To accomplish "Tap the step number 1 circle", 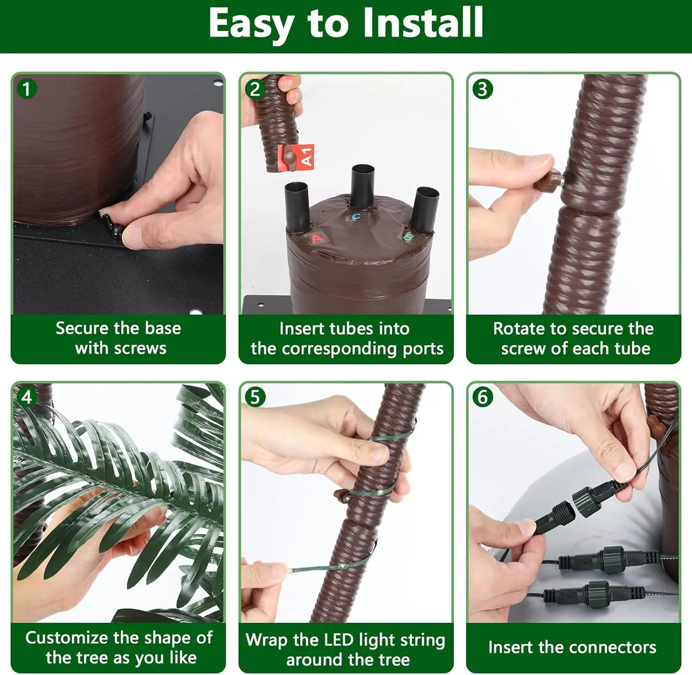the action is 26,89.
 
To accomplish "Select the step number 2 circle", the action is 255,89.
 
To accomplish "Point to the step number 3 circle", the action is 483,89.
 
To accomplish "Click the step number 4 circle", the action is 26,397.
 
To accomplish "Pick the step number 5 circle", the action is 255,397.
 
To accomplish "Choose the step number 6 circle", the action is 483,397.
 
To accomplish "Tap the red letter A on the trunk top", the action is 317,238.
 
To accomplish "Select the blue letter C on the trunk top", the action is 356,216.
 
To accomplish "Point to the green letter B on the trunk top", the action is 408,237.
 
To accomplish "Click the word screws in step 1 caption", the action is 144,348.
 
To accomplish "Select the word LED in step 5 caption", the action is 339,640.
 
